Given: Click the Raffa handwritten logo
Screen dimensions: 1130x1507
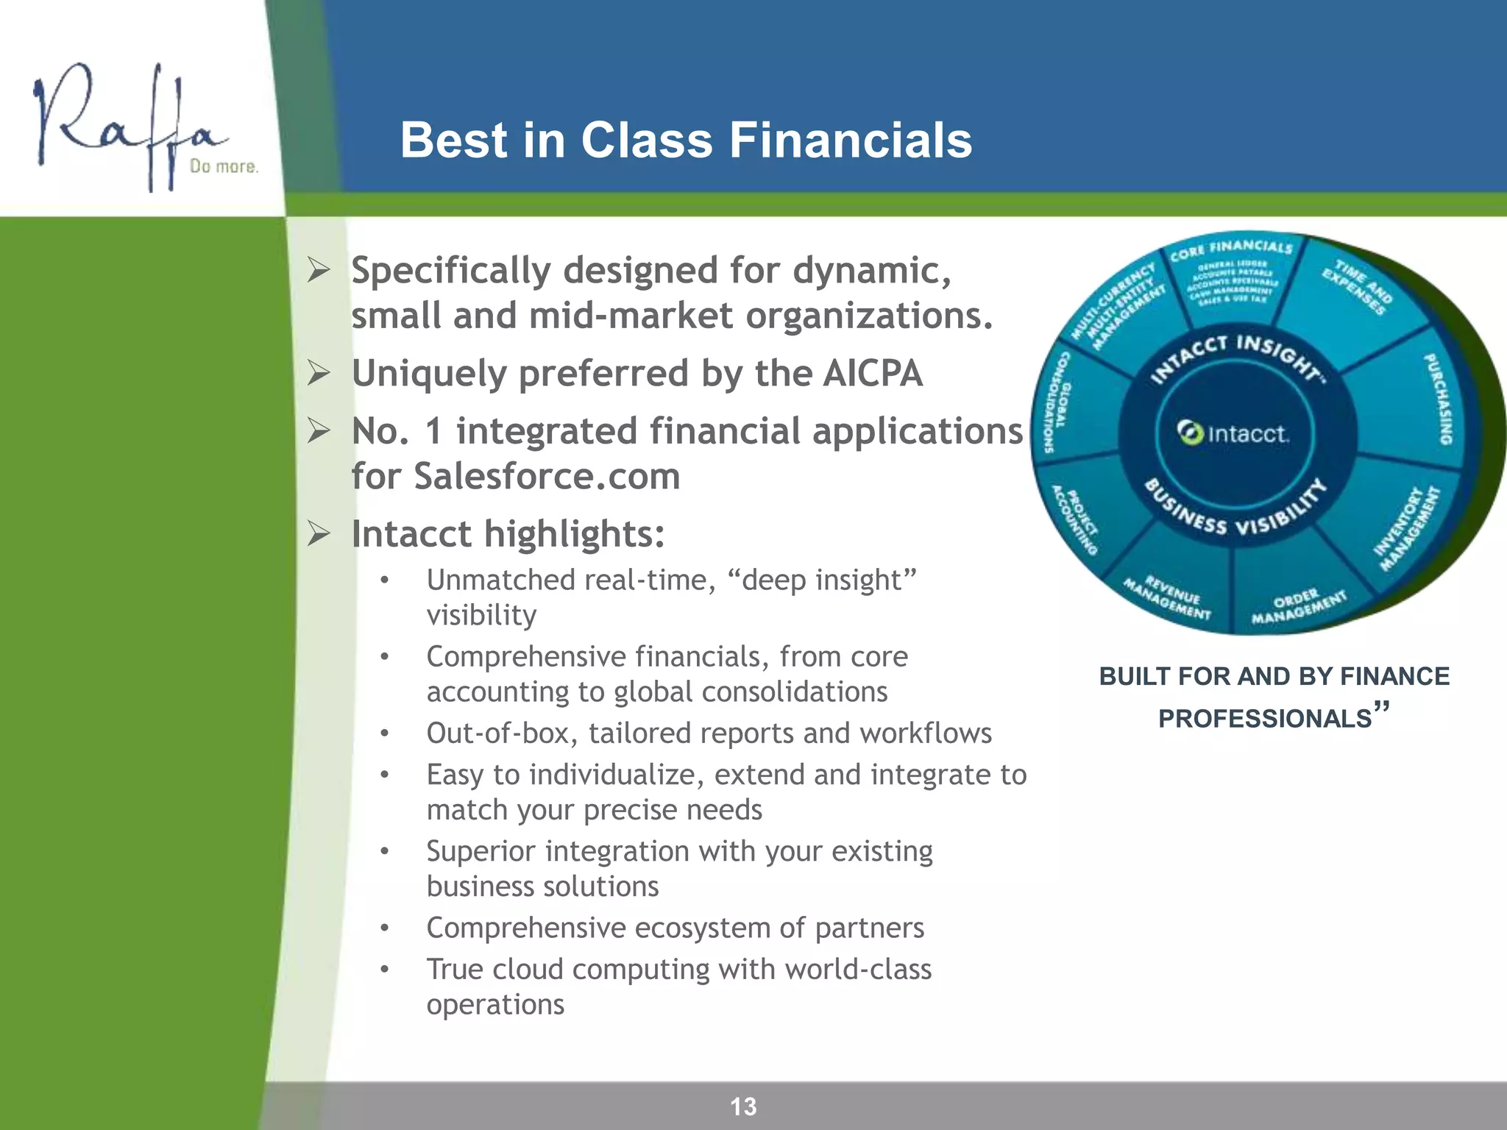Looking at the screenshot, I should (125, 125).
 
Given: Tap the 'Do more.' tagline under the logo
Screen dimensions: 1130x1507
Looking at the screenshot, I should (224, 166).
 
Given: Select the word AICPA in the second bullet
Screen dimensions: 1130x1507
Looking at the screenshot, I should (872, 373).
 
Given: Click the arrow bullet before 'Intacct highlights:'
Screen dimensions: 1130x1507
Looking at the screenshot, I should (319, 533).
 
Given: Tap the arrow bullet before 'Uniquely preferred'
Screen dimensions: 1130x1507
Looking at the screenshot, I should (319, 373).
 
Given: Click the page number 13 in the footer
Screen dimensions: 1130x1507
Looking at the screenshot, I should (743, 1106).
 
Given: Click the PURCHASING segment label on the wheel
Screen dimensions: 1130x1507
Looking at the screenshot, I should (1438, 399).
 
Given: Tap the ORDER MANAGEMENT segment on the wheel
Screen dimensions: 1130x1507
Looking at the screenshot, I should (1299, 606).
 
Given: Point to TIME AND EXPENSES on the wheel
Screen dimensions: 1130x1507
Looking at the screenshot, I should (1358, 287).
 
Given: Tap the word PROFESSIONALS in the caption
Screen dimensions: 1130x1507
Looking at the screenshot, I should (1265, 718).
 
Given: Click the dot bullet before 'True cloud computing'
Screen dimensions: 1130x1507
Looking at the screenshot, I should (384, 969).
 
